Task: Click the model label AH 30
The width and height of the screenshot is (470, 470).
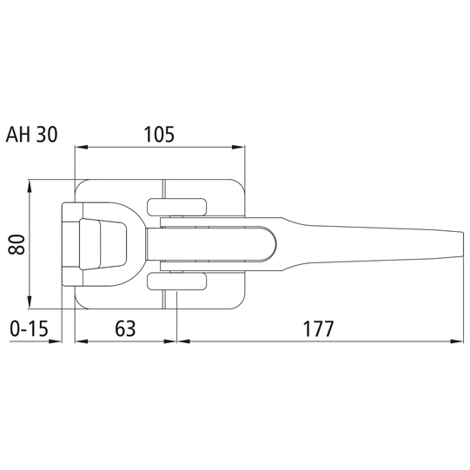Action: click(32, 135)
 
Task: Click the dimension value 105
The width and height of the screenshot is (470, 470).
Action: click(159, 135)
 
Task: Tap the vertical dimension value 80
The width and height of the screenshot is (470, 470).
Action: click(17, 245)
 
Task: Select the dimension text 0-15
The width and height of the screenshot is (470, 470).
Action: click(29, 328)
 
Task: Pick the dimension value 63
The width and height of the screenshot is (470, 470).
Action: click(125, 328)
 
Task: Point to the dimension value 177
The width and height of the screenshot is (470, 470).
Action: click(318, 328)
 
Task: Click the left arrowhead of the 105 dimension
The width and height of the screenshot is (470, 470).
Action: click(81, 147)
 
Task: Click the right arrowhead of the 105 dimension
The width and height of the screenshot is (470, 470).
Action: click(239, 147)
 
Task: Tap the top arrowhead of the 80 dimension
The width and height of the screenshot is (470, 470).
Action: click(30, 186)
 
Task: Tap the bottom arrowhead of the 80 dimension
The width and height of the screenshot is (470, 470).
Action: click(30, 302)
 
